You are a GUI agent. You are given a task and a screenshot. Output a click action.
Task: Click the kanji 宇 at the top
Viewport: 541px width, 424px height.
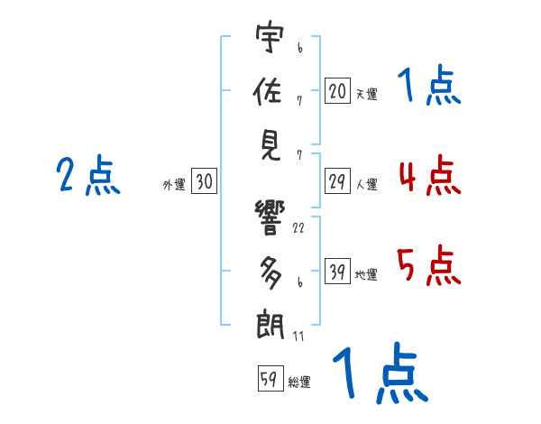coord(269,41)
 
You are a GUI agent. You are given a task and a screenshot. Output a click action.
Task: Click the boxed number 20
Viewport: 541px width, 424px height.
coord(337,90)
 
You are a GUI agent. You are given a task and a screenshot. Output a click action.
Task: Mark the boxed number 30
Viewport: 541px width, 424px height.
coord(204,182)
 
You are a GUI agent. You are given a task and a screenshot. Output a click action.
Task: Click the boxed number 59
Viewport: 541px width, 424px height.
coord(268,379)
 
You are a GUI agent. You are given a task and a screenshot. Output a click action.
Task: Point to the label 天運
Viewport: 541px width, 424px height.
coord(366,94)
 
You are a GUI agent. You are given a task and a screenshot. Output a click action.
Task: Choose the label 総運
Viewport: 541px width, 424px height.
coord(298,382)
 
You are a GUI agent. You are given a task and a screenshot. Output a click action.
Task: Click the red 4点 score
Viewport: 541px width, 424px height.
coord(429,175)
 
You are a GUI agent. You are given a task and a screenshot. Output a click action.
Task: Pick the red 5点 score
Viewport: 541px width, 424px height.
coord(429,265)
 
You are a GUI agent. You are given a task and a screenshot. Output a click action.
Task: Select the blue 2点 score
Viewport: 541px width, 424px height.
coord(88,176)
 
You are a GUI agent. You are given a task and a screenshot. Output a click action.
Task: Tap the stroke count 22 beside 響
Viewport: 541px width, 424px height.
coord(298,228)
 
